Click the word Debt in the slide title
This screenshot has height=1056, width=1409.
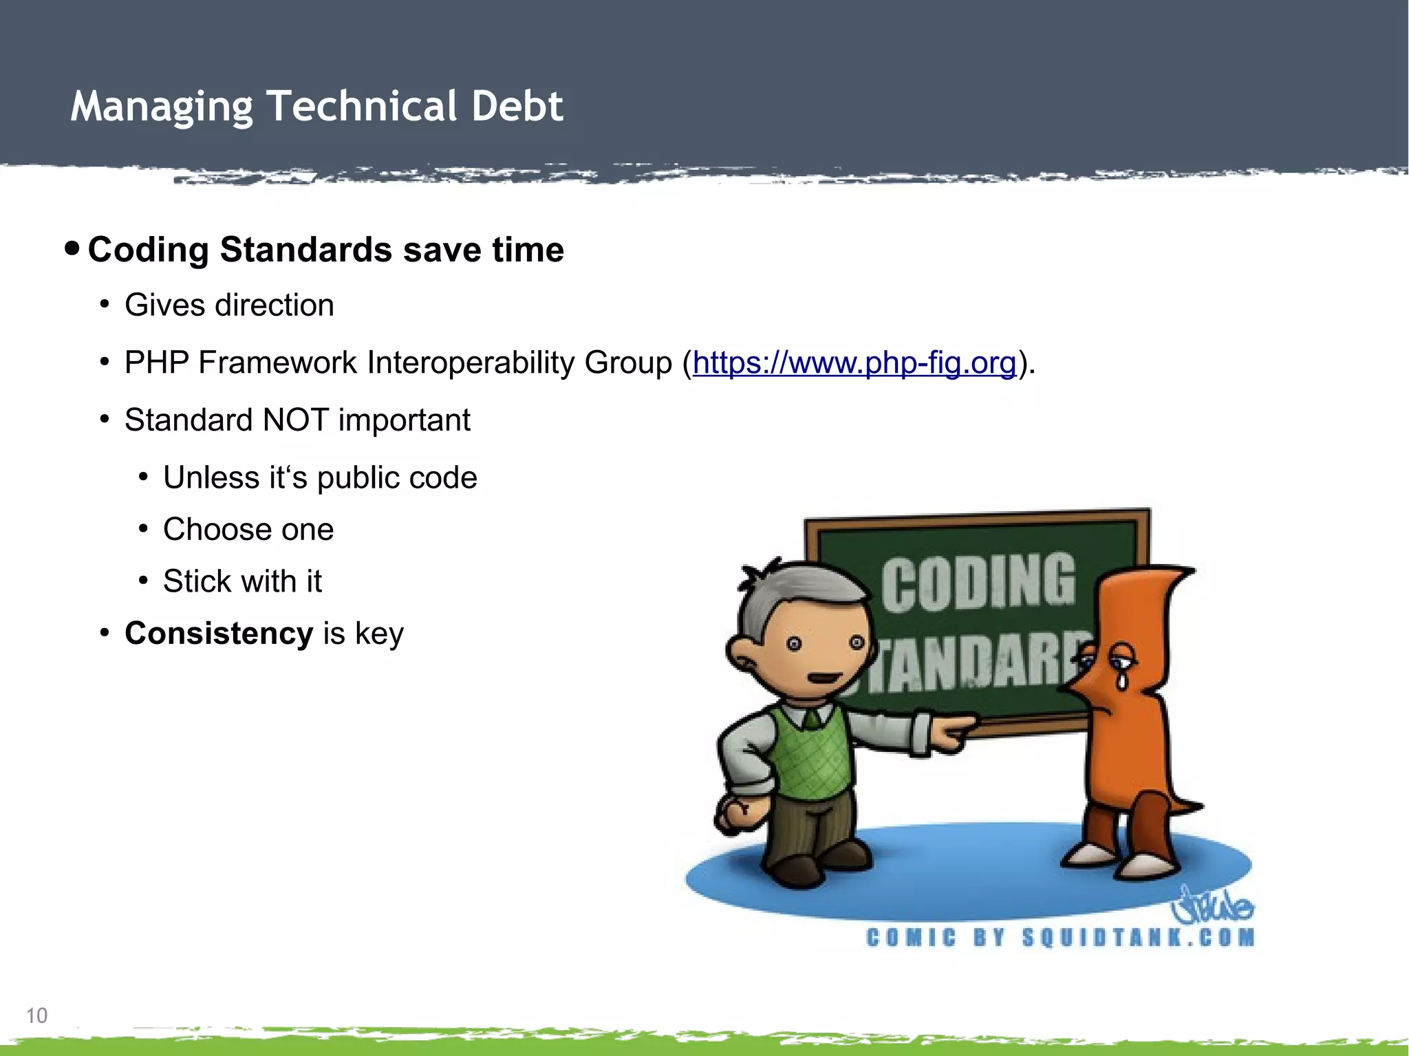517,107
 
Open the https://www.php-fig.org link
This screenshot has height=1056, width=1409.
854,363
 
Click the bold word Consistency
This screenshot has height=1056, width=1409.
219,633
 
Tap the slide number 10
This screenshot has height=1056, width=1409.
36,1015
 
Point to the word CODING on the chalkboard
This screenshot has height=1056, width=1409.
978,582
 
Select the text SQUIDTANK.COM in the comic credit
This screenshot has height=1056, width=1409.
1139,938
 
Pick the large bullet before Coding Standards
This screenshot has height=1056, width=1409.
72,248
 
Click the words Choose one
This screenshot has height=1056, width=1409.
248,530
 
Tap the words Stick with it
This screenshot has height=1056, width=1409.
242,581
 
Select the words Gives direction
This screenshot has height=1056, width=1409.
229,305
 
